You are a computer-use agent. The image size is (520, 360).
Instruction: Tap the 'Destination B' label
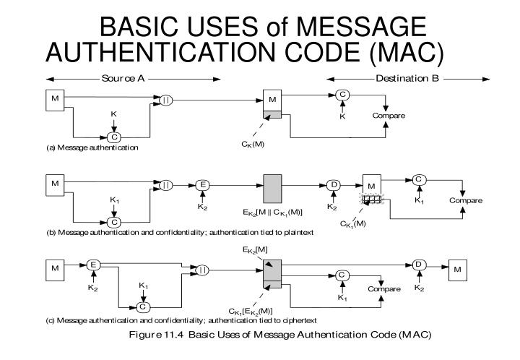[406, 78]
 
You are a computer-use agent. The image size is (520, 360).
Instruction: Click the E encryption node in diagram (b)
[204, 185]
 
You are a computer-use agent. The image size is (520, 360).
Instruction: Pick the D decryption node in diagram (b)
[334, 185]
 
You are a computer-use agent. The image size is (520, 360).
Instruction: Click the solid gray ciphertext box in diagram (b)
[272, 187]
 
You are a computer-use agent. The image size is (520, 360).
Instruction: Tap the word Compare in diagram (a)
[389, 116]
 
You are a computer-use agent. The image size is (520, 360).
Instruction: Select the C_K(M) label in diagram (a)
[253, 144]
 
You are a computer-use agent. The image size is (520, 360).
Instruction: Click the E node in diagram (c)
[92, 265]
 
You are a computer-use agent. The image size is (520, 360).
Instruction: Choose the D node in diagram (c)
[417, 265]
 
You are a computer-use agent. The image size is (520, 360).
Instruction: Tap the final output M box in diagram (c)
[457, 270]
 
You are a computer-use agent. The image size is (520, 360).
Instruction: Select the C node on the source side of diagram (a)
[113, 137]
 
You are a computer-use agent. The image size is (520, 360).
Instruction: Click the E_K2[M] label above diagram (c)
[255, 249]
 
